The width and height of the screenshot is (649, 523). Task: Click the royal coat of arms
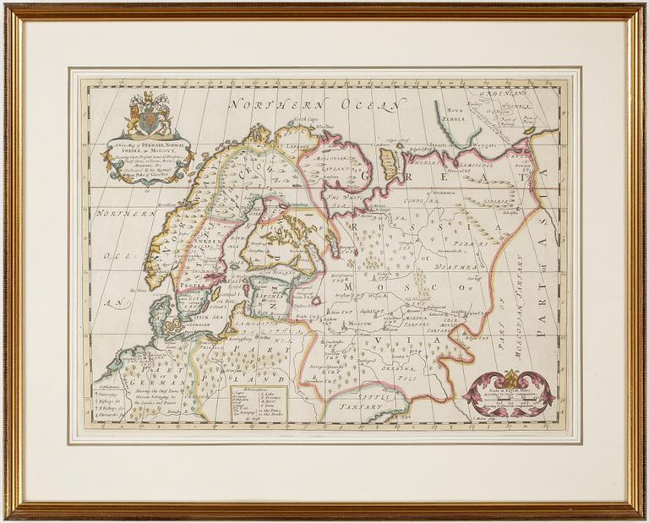click(149, 113)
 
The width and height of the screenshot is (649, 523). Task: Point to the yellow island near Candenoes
click(390, 160)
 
